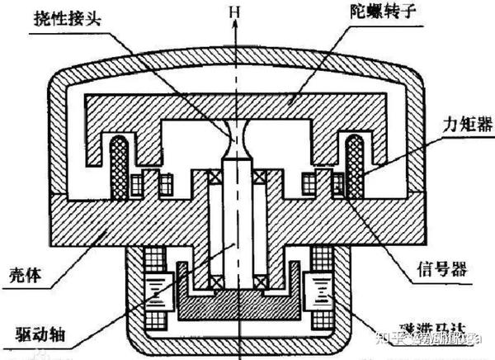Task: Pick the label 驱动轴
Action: [x=39, y=337]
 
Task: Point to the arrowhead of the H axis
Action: [x=238, y=26]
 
